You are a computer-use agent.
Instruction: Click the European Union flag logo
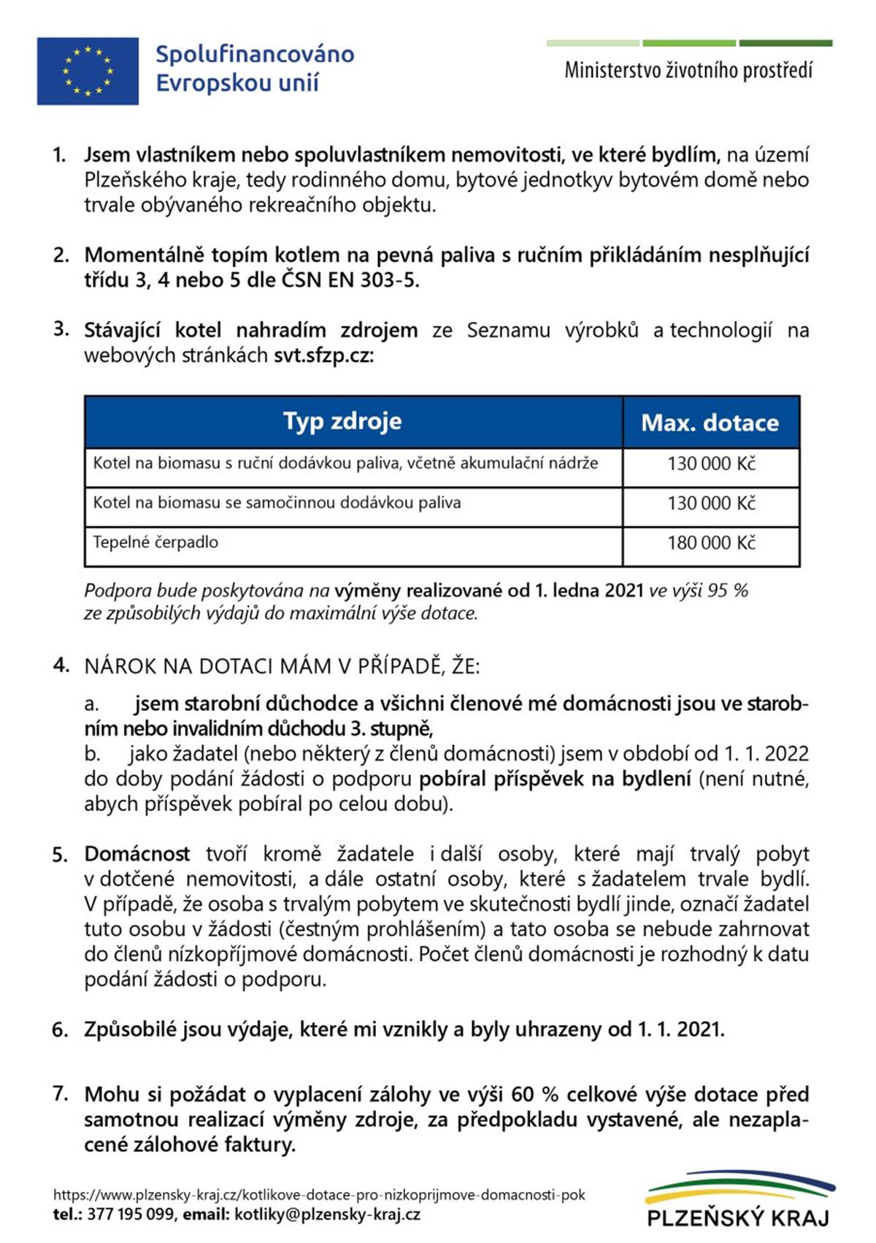coord(88,71)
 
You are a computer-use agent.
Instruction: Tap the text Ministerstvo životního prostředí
coord(688,70)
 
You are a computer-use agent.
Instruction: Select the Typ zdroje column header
coord(342,421)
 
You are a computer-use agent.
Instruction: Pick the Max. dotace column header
coord(710,423)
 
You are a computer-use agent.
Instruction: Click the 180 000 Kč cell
coord(711,542)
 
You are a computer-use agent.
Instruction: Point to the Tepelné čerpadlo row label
coord(155,542)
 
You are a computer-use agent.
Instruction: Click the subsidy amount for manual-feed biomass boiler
coord(711,463)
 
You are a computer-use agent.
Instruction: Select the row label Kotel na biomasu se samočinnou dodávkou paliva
coord(277,503)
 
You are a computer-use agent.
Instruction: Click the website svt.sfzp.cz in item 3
coord(323,355)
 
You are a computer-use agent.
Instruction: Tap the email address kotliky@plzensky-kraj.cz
coord(327,1215)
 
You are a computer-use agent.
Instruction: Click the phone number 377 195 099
coord(131,1215)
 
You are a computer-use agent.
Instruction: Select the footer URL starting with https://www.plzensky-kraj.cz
coord(319,1195)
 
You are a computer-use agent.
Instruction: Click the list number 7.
coord(61,1093)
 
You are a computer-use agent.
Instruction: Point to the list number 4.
coord(61,665)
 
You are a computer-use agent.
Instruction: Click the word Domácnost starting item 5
coord(137,854)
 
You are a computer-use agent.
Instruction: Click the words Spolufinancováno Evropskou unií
coord(254,68)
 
